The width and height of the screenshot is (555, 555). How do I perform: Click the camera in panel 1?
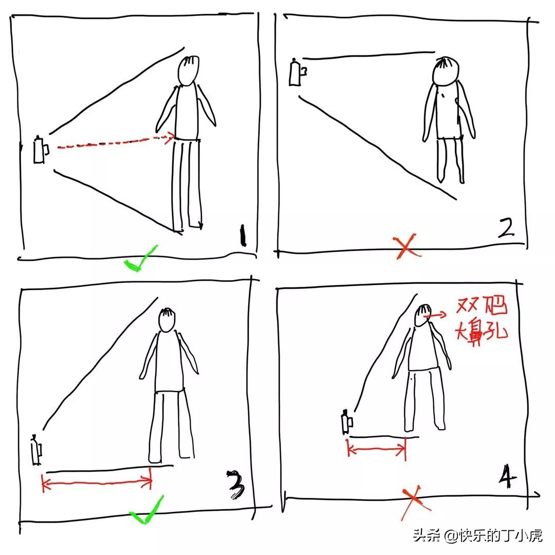[x=40, y=150]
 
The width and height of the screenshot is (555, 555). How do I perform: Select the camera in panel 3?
[x=36, y=451]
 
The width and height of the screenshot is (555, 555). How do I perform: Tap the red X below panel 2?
[x=405, y=247]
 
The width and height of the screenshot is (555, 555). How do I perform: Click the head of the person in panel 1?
[x=189, y=71]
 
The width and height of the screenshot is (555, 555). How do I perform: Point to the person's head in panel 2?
[x=445, y=71]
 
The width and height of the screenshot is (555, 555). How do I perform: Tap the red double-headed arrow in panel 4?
[x=377, y=449]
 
